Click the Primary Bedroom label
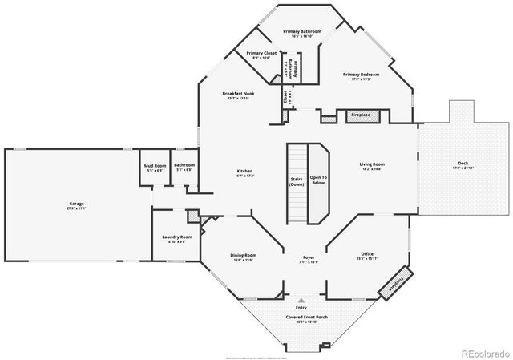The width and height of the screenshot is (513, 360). (x=361, y=75)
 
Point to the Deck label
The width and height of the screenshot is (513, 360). (x=464, y=165)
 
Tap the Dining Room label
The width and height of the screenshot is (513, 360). (x=244, y=256)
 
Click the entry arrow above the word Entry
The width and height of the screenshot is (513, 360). (x=302, y=299)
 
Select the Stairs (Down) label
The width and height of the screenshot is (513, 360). (x=296, y=181)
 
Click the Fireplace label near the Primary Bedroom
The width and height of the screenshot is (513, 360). (x=361, y=115)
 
